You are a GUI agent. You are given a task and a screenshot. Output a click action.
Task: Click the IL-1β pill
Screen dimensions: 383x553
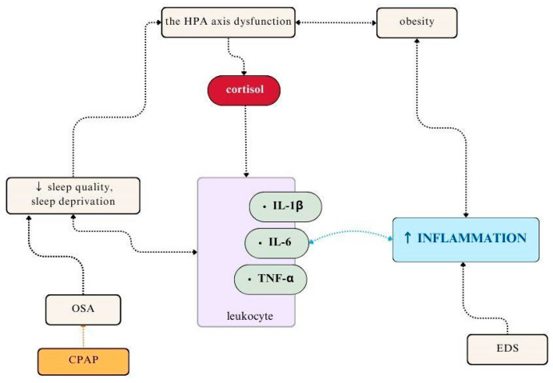pos(284,206)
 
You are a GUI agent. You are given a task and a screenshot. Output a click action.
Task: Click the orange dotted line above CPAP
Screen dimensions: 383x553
pos(82,333)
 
